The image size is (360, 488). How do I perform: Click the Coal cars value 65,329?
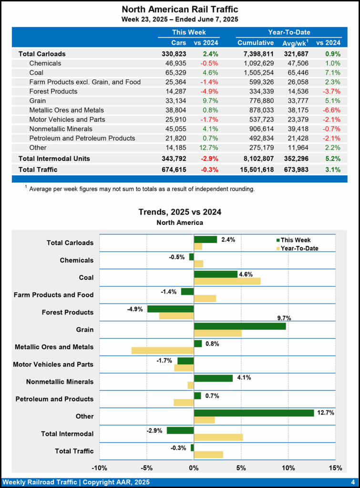pyautogui.click(x=174, y=72)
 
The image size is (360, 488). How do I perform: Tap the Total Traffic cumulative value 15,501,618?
pyautogui.click(x=256, y=169)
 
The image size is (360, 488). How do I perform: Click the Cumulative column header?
pyautogui.click(x=256, y=43)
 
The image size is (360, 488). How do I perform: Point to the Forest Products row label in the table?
pyautogui.click(x=53, y=91)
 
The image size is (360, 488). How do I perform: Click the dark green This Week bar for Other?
pyautogui.click(x=254, y=413)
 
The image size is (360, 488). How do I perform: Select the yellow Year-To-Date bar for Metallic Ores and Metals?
pyautogui.click(x=163, y=351)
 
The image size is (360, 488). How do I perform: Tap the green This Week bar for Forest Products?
pyautogui.click(x=170, y=309)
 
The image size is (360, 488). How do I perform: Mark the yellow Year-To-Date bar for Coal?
pyautogui.click(x=227, y=281)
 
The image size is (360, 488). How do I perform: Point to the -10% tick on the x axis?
pyautogui.click(x=99, y=468)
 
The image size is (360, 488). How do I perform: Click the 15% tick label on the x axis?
pyautogui.click(x=335, y=468)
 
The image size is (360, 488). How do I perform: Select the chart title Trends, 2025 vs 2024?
pyautogui.click(x=180, y=212)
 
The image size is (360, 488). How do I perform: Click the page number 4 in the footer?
pyautogui.click(x=352, y=482)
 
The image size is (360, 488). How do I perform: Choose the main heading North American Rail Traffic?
pyautogui.click(x=180, y=10)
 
